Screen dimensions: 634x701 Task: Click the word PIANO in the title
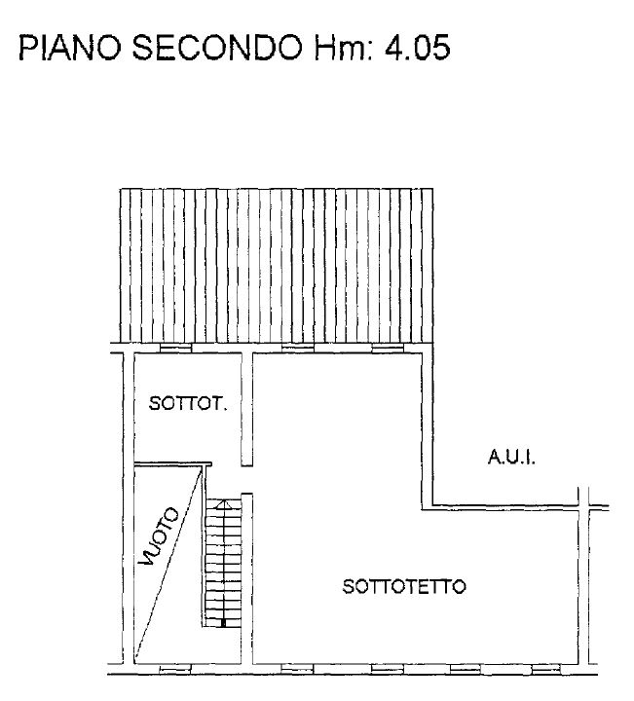(x=70, y=48)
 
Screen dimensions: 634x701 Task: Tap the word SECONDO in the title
(x=218, y=48)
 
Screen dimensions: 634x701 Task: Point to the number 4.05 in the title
(x=417, y=48)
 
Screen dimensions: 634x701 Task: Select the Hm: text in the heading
(x=344, y=48)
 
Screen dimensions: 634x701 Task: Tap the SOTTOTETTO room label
(x=404, y=586)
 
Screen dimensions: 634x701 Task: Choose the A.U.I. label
(x=511, y=458)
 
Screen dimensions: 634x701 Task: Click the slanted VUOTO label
(x=159, y=536)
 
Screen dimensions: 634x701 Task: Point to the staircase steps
(x=223, y=563)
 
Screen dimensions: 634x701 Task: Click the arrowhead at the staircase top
(x=223, y=504)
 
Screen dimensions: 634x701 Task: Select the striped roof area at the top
(x=277, y=266)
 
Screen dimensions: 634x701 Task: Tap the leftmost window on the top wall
(x=175, y=348)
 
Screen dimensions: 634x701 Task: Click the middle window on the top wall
(x=298, y=348)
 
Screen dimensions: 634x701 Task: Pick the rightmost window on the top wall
(x=388, y=348)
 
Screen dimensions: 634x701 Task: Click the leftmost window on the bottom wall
(x=175, y=669)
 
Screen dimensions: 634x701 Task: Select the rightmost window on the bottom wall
(x=546, y=669)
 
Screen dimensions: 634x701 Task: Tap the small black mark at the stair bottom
(x=224, y=623)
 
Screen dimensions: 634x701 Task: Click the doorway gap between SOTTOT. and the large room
(x=246, y=480)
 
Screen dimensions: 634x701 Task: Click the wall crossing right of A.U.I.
(x=583, y=507)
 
